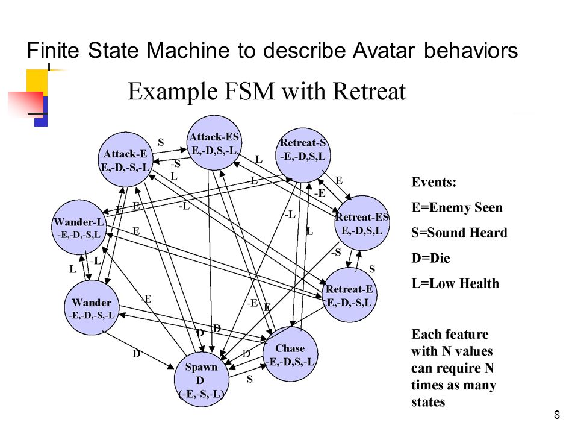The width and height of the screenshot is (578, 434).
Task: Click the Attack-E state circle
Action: pyautogui.click(x=126, y=159)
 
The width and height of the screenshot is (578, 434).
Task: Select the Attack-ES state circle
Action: pyautogui.click(x=214, y=143)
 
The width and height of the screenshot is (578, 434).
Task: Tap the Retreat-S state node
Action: pyautogui.click(x=303, y=155)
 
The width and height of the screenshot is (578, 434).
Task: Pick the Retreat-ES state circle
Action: pyautogui.click(x=362, y=223)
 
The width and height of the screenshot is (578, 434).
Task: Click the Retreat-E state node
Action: pyautogui.click(x=349, y=295)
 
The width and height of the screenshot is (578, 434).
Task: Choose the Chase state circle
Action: pyautogui.click(x=290, y=354)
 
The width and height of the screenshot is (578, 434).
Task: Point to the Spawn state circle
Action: pyautogui.click(x=202, y=379)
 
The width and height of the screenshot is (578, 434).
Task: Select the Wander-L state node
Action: pyautogui.click(x=79, y=227)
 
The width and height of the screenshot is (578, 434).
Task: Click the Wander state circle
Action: pyautogui.click(x=92, y=308)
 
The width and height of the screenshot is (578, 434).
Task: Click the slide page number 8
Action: pyautogui.click(x=556, y=415)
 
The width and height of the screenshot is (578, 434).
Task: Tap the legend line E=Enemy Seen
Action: pyautogui.click(x=457, y=207)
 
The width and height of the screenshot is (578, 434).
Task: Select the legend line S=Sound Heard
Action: pyautogui.click(x=459, y=233)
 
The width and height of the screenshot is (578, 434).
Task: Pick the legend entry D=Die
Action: pyautogui.click(x=430, y=258)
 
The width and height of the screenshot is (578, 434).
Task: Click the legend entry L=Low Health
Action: pyautogui.click(x=455, y=283)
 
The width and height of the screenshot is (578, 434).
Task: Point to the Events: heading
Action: pyautogui.click(x=434, y=182)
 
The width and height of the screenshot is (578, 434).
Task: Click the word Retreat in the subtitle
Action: pyautogui.click(x=369, y=91)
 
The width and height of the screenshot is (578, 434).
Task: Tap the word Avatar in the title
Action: pyautogui.click(x=384, y=50)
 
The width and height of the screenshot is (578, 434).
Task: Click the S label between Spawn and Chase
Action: pyautogui.click(x=249, y=379)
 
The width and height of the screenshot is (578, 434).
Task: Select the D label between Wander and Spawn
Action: pyautogui.click(x=137, y=354)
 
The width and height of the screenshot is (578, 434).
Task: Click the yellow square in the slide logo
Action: pyautogui.click(x=37, y=82)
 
